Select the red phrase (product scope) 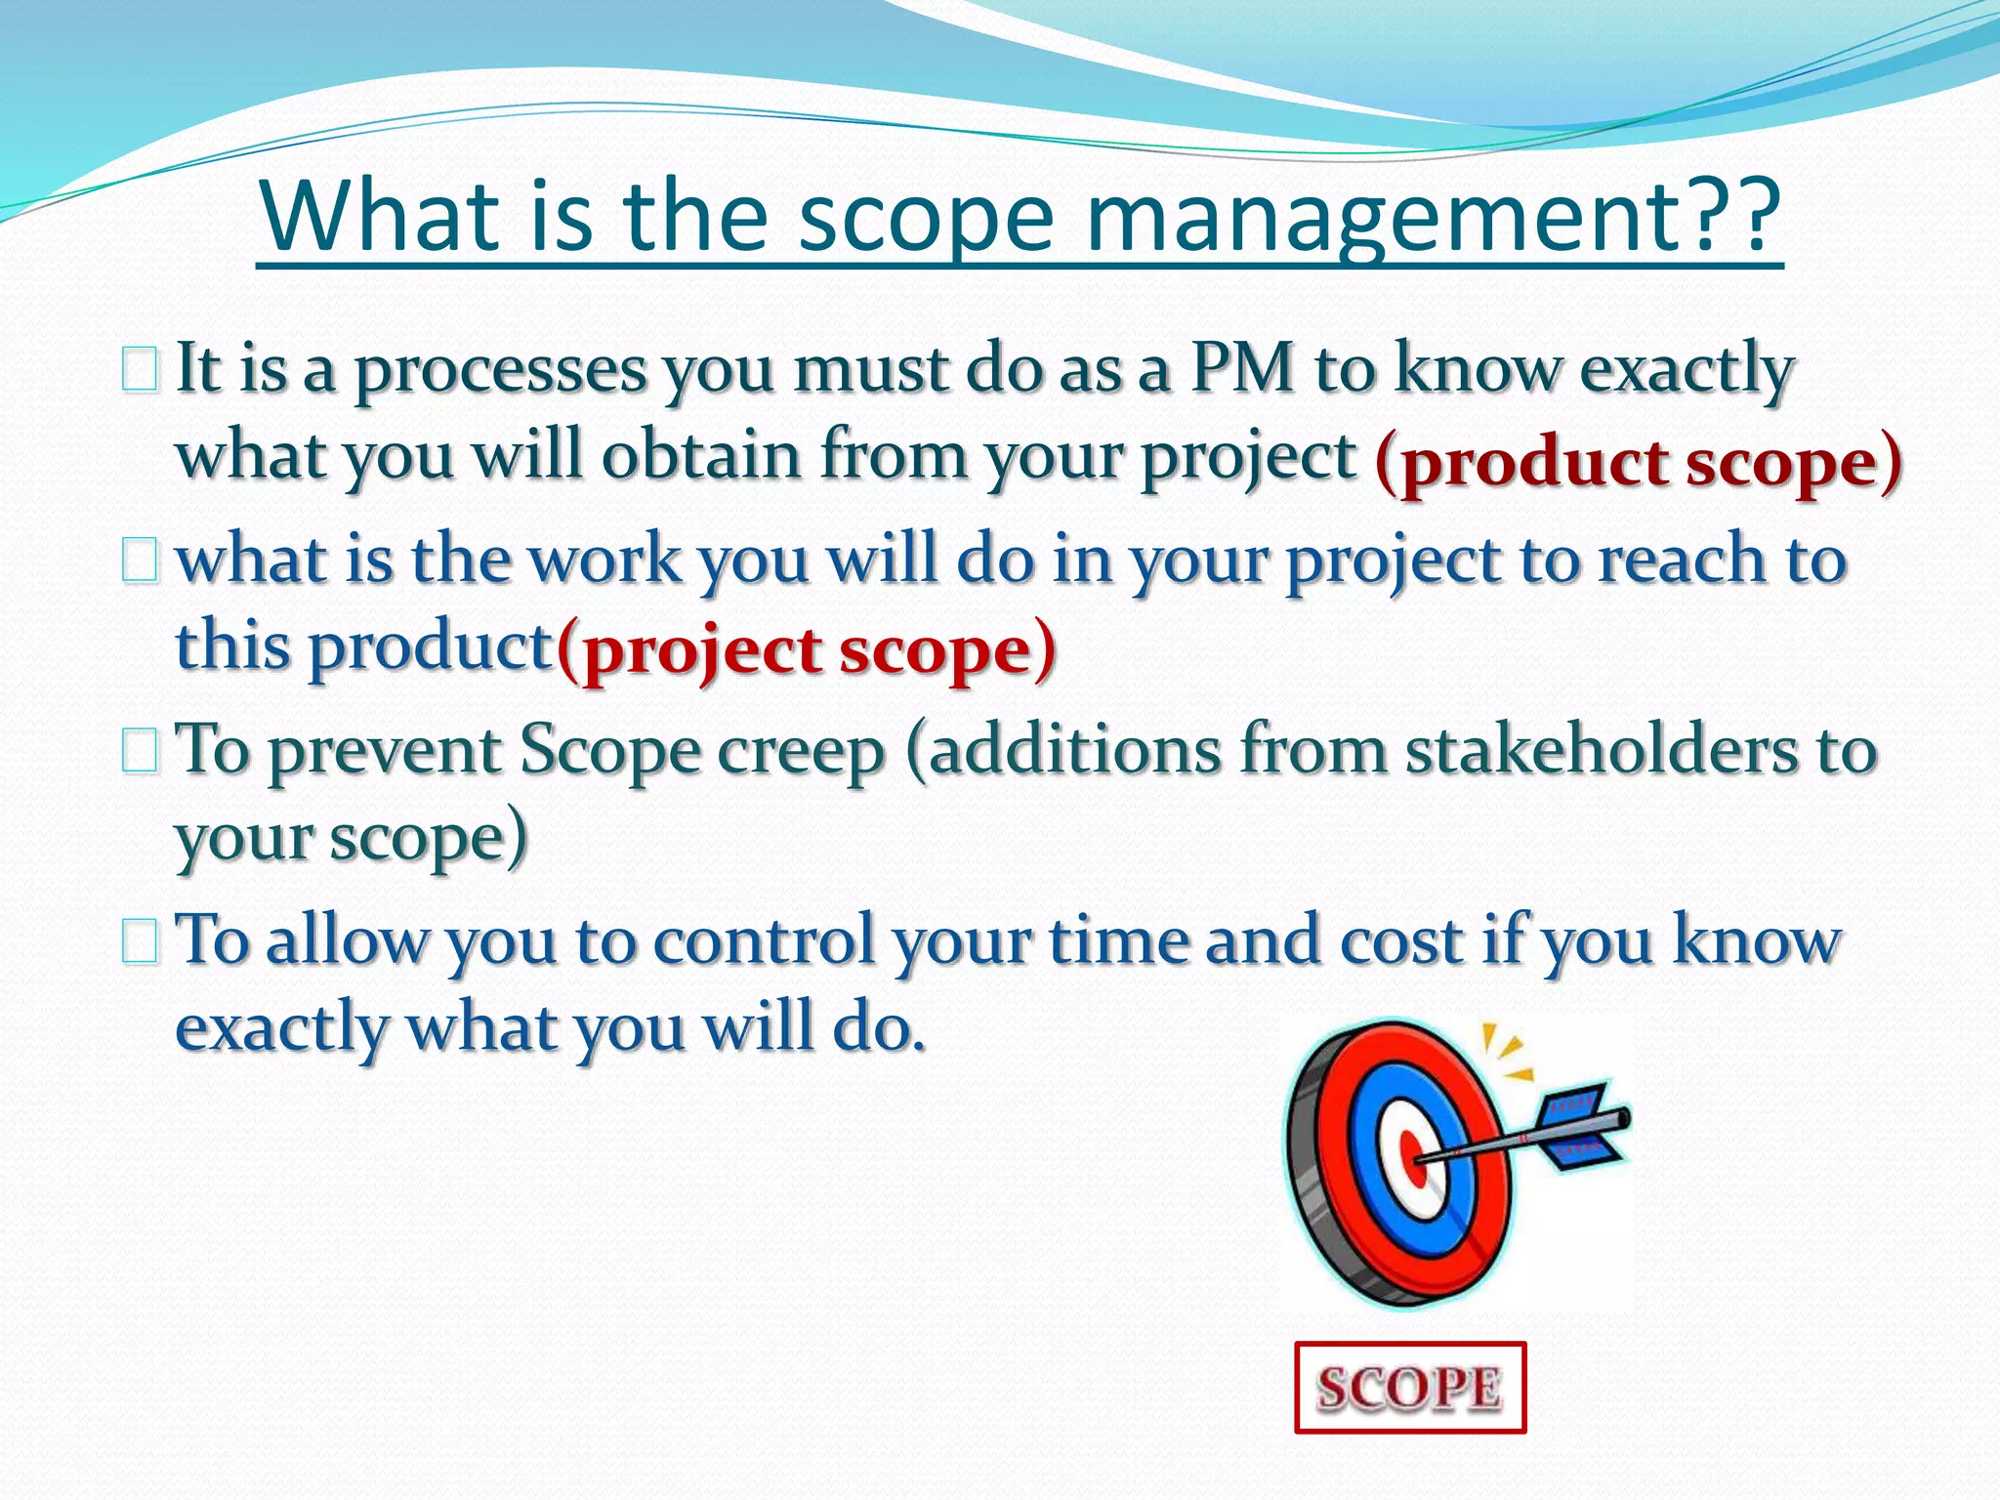[x=1638, y=462]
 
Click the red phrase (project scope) [x=806, y=650]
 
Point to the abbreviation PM [x=1241, y=369]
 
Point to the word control [x=763, y=941]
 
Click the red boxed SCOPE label [x=1409, y=1388]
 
